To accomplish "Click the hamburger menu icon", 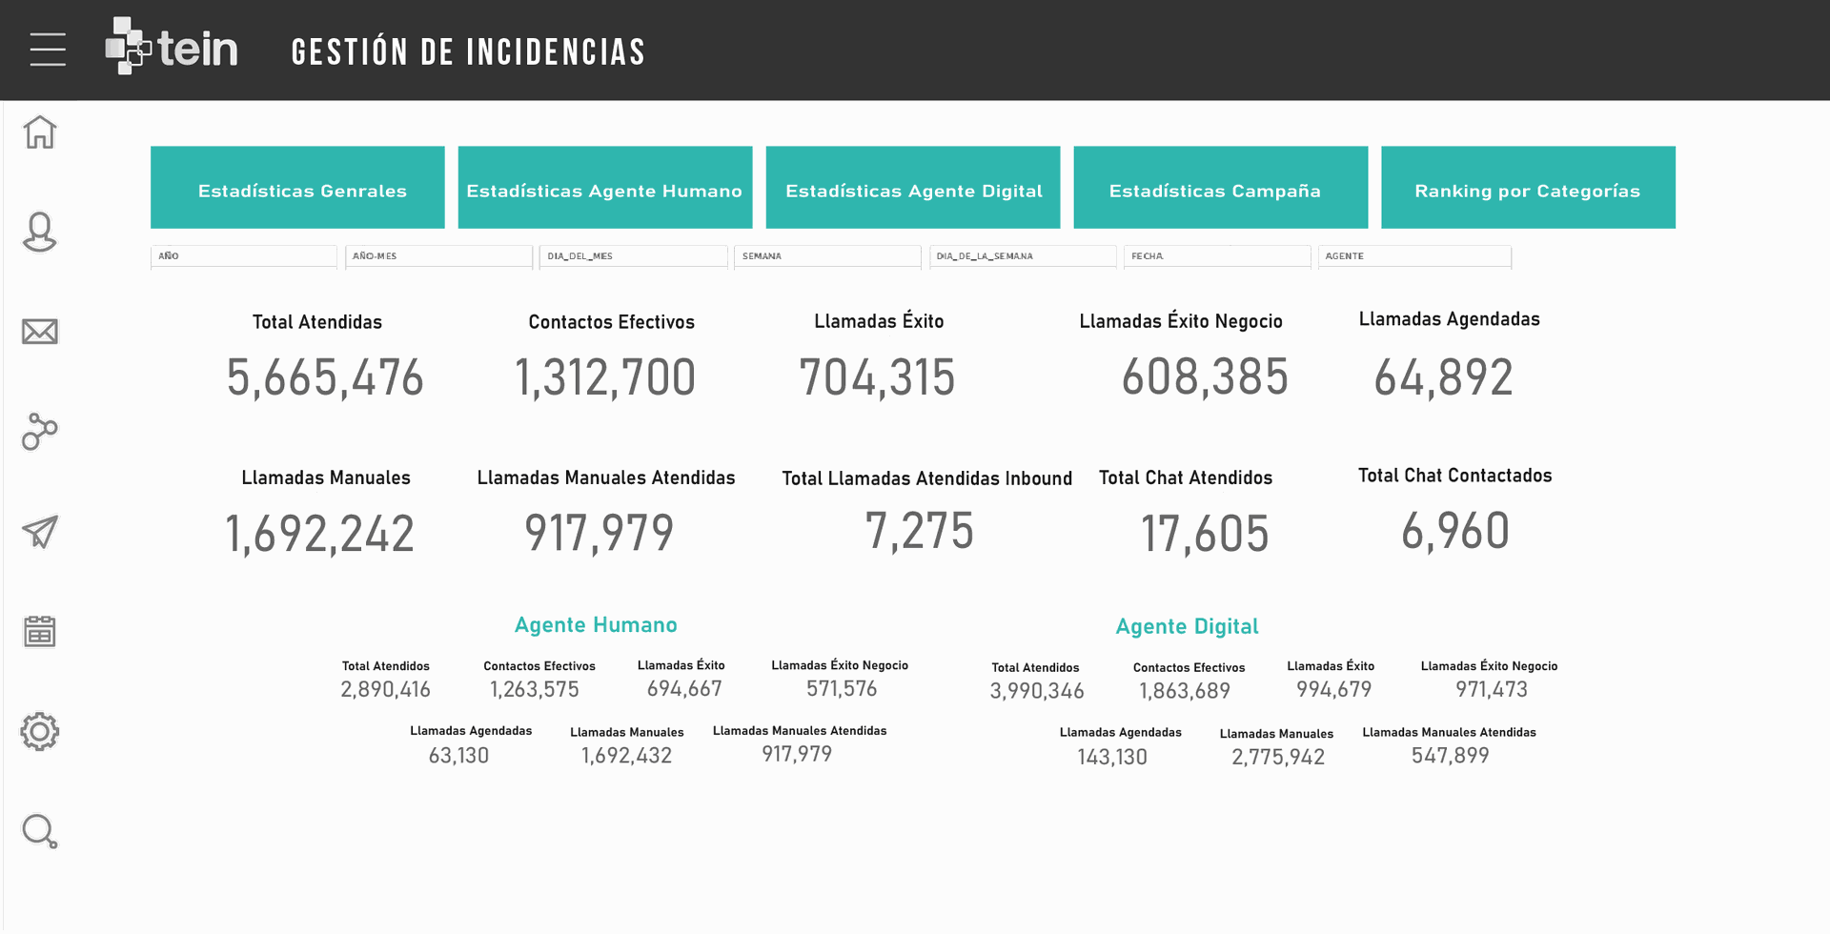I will [x=48, y=50].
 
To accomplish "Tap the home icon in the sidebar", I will [x=40, y=132].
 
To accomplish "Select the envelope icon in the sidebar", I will [x=40, y=332].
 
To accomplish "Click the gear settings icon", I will [x=40, y=732].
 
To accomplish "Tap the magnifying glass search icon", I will [x=40, y=831].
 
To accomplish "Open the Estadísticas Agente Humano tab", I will [x=604, y=188].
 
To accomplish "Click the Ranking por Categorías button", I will [x=1528, y=188].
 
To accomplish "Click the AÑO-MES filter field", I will [x=438, y=256].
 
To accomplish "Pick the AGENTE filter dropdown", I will [x=1414, y=256].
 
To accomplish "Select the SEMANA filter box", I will [x=826, y=256].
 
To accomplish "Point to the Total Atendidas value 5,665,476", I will [x=325, y=378].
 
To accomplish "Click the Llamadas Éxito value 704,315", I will [x=877, y=378].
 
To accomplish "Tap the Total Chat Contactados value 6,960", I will [x=1455, y=532].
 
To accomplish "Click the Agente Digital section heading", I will [x=1187, y=627].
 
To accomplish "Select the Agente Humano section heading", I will [x=596, y=625].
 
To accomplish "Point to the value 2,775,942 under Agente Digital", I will [x=1278, y=758].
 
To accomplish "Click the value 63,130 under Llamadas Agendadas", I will [x=458, y=756].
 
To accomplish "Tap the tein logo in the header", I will [x=172, y=47].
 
